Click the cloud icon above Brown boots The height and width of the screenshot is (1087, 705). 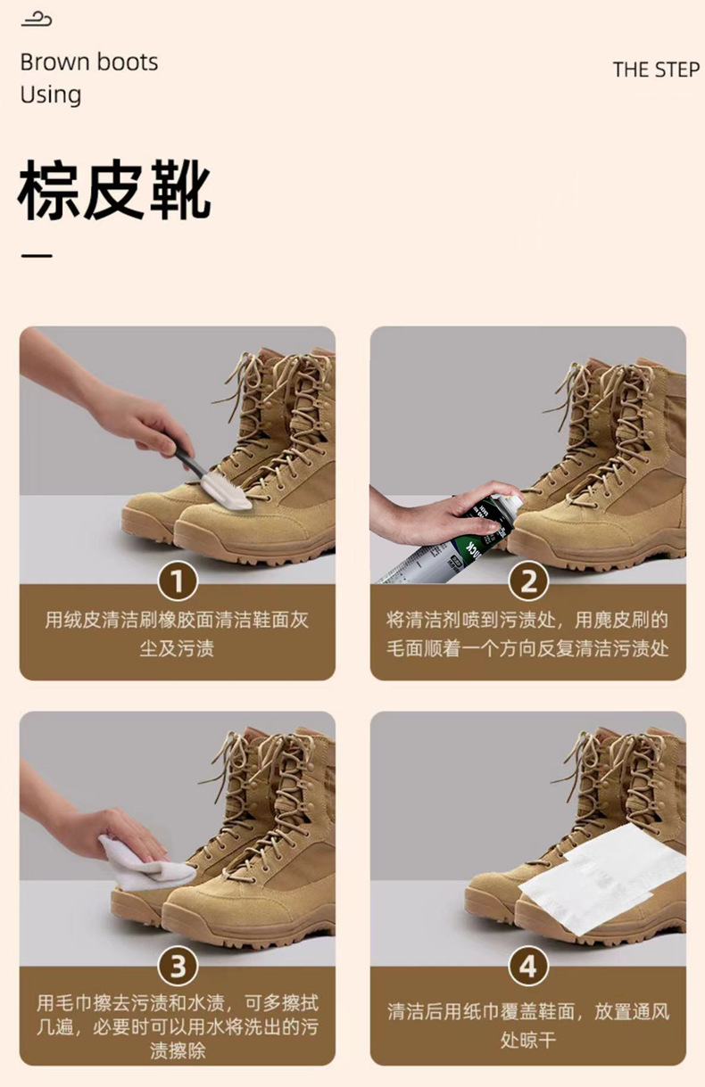36,20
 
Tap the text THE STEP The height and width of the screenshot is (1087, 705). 656,70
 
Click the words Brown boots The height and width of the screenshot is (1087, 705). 89,62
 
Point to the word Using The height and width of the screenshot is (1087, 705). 51,95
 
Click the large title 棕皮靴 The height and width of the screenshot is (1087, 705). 114,190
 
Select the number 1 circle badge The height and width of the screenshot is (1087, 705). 178,581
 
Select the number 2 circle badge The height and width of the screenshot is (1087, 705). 528,581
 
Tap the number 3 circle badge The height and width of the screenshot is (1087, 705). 178,966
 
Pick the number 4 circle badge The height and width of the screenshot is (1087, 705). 528,966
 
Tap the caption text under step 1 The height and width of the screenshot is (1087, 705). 178,634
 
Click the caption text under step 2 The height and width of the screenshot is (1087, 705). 527,634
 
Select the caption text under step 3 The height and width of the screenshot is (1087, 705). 178,1026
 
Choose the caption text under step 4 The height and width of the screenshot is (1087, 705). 528,1025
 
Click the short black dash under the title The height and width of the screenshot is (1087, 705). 37,255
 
